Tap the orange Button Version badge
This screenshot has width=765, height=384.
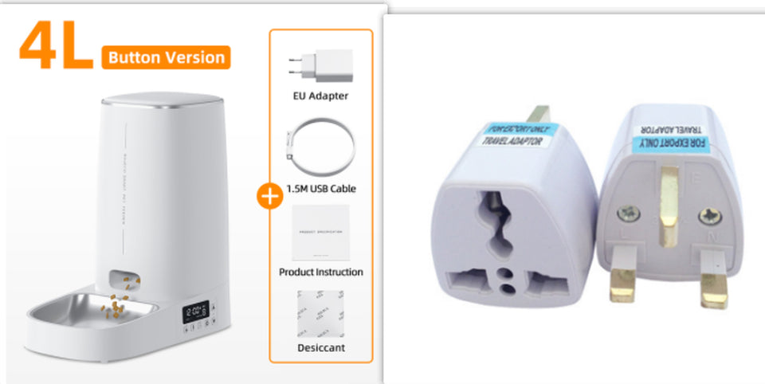166,57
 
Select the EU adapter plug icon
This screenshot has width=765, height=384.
320,65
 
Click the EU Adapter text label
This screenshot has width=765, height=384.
320,96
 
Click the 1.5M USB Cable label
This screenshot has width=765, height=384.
320,189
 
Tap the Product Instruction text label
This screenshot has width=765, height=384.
320,272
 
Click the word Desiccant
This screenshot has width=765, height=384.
320,348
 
